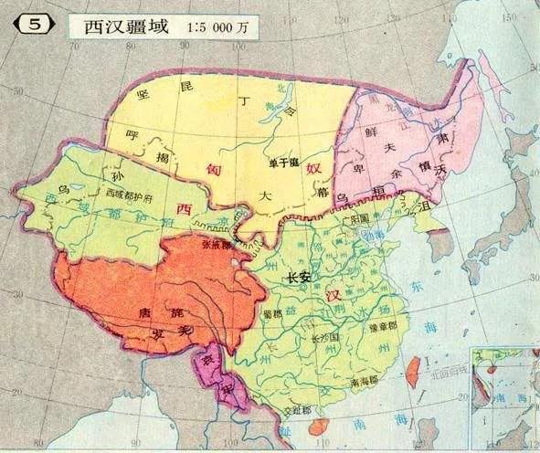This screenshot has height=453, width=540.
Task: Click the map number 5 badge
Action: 33,25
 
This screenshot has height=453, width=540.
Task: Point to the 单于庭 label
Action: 283,163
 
